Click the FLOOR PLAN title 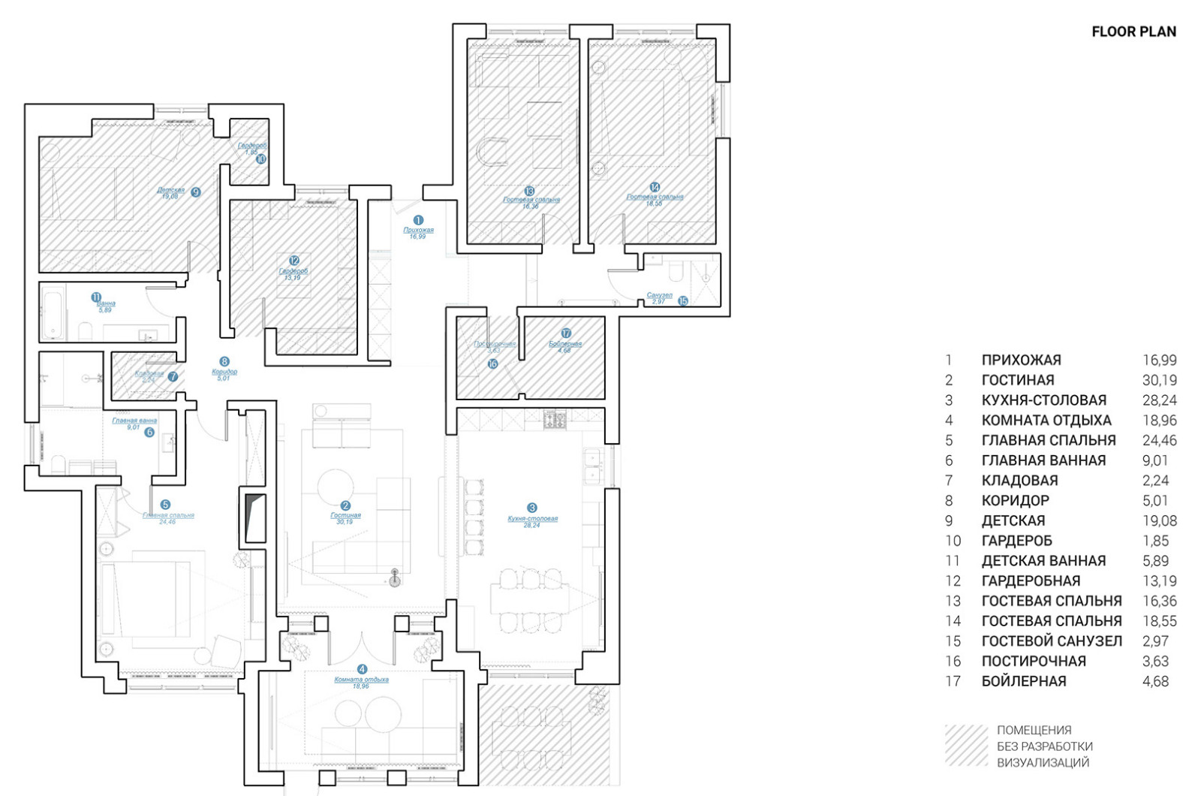tap(1133, 32)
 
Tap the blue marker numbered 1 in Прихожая tap(418, 220)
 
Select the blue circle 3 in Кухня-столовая tap(532, 508)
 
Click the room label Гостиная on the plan tap(345, 515)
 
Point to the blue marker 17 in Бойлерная tap(566, 333)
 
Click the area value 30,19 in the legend tap(1159, 380)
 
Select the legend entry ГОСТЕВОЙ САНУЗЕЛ tap(1052, 641)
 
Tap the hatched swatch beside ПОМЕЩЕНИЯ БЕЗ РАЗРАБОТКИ tap(967, 745)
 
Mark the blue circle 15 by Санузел tap(683, 300)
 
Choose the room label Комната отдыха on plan tap(361, 679)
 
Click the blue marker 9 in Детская tap(196, 192)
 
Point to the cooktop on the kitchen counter tap(555, 420)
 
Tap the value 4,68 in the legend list tap(1155, 681)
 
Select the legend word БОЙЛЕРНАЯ tap(1023, 681)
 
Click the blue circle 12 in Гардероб tap(294, 261)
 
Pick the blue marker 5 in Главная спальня tap(165, 505)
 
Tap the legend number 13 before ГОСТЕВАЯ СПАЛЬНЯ tap(953, 601)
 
